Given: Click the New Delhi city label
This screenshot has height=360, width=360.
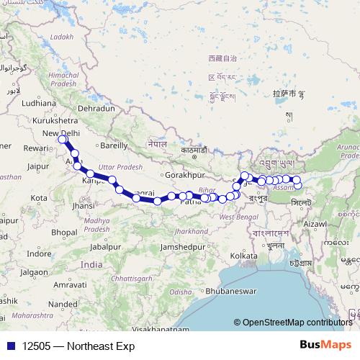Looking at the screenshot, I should [60, 133].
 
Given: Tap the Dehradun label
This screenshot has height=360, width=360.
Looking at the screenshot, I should [96, 108].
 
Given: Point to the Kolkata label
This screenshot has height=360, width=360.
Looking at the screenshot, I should [244, 255].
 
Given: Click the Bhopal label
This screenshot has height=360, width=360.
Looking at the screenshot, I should [63, 232].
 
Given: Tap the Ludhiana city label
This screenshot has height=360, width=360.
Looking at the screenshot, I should [38, 103].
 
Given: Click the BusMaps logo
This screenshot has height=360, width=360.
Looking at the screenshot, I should [329, 345].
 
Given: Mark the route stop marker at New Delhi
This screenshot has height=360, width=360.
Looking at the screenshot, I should [63, 140].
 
